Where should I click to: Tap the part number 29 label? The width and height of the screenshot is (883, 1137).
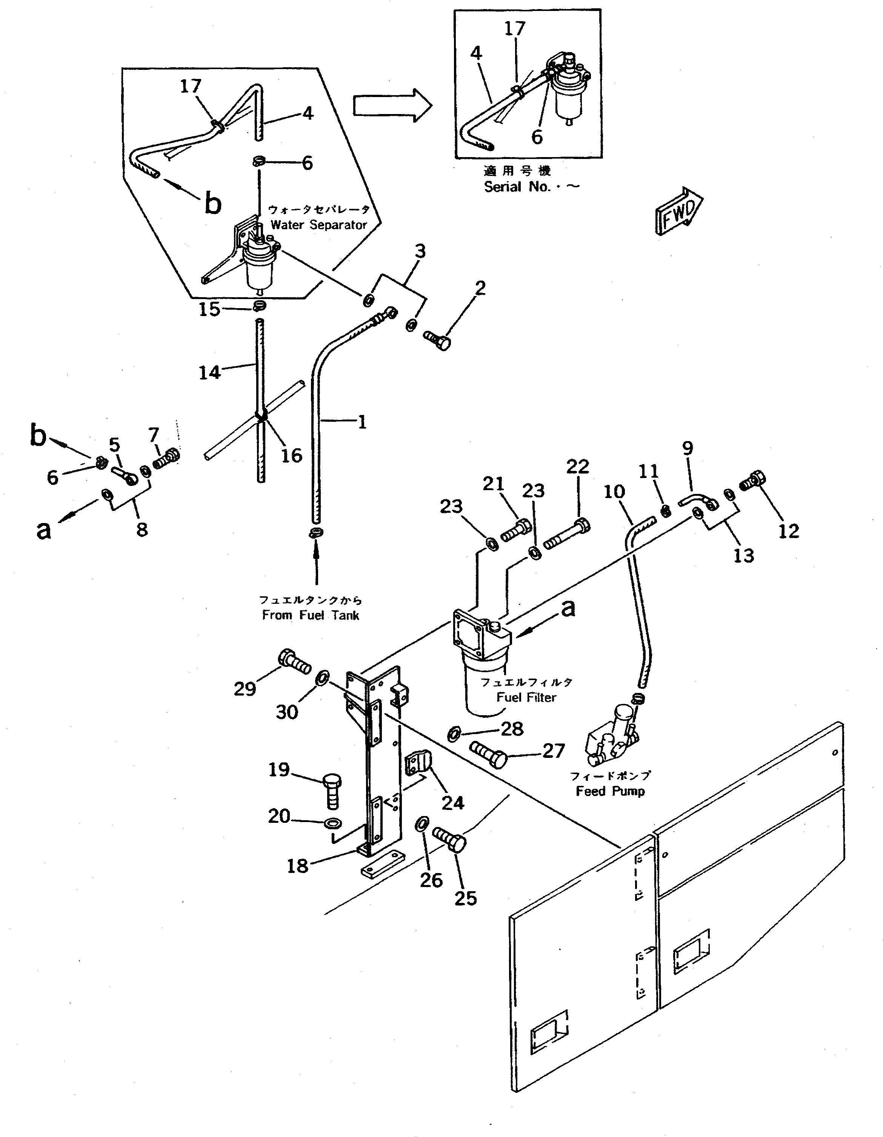245,689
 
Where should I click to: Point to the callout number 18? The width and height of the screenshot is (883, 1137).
297,866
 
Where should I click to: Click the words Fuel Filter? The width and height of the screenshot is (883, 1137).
526,697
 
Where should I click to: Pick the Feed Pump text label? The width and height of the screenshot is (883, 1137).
610,791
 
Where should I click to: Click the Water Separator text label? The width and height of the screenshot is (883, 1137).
318,225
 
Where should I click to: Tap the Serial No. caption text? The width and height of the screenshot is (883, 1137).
531,187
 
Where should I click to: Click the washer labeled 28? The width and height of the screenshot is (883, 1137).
453,734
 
